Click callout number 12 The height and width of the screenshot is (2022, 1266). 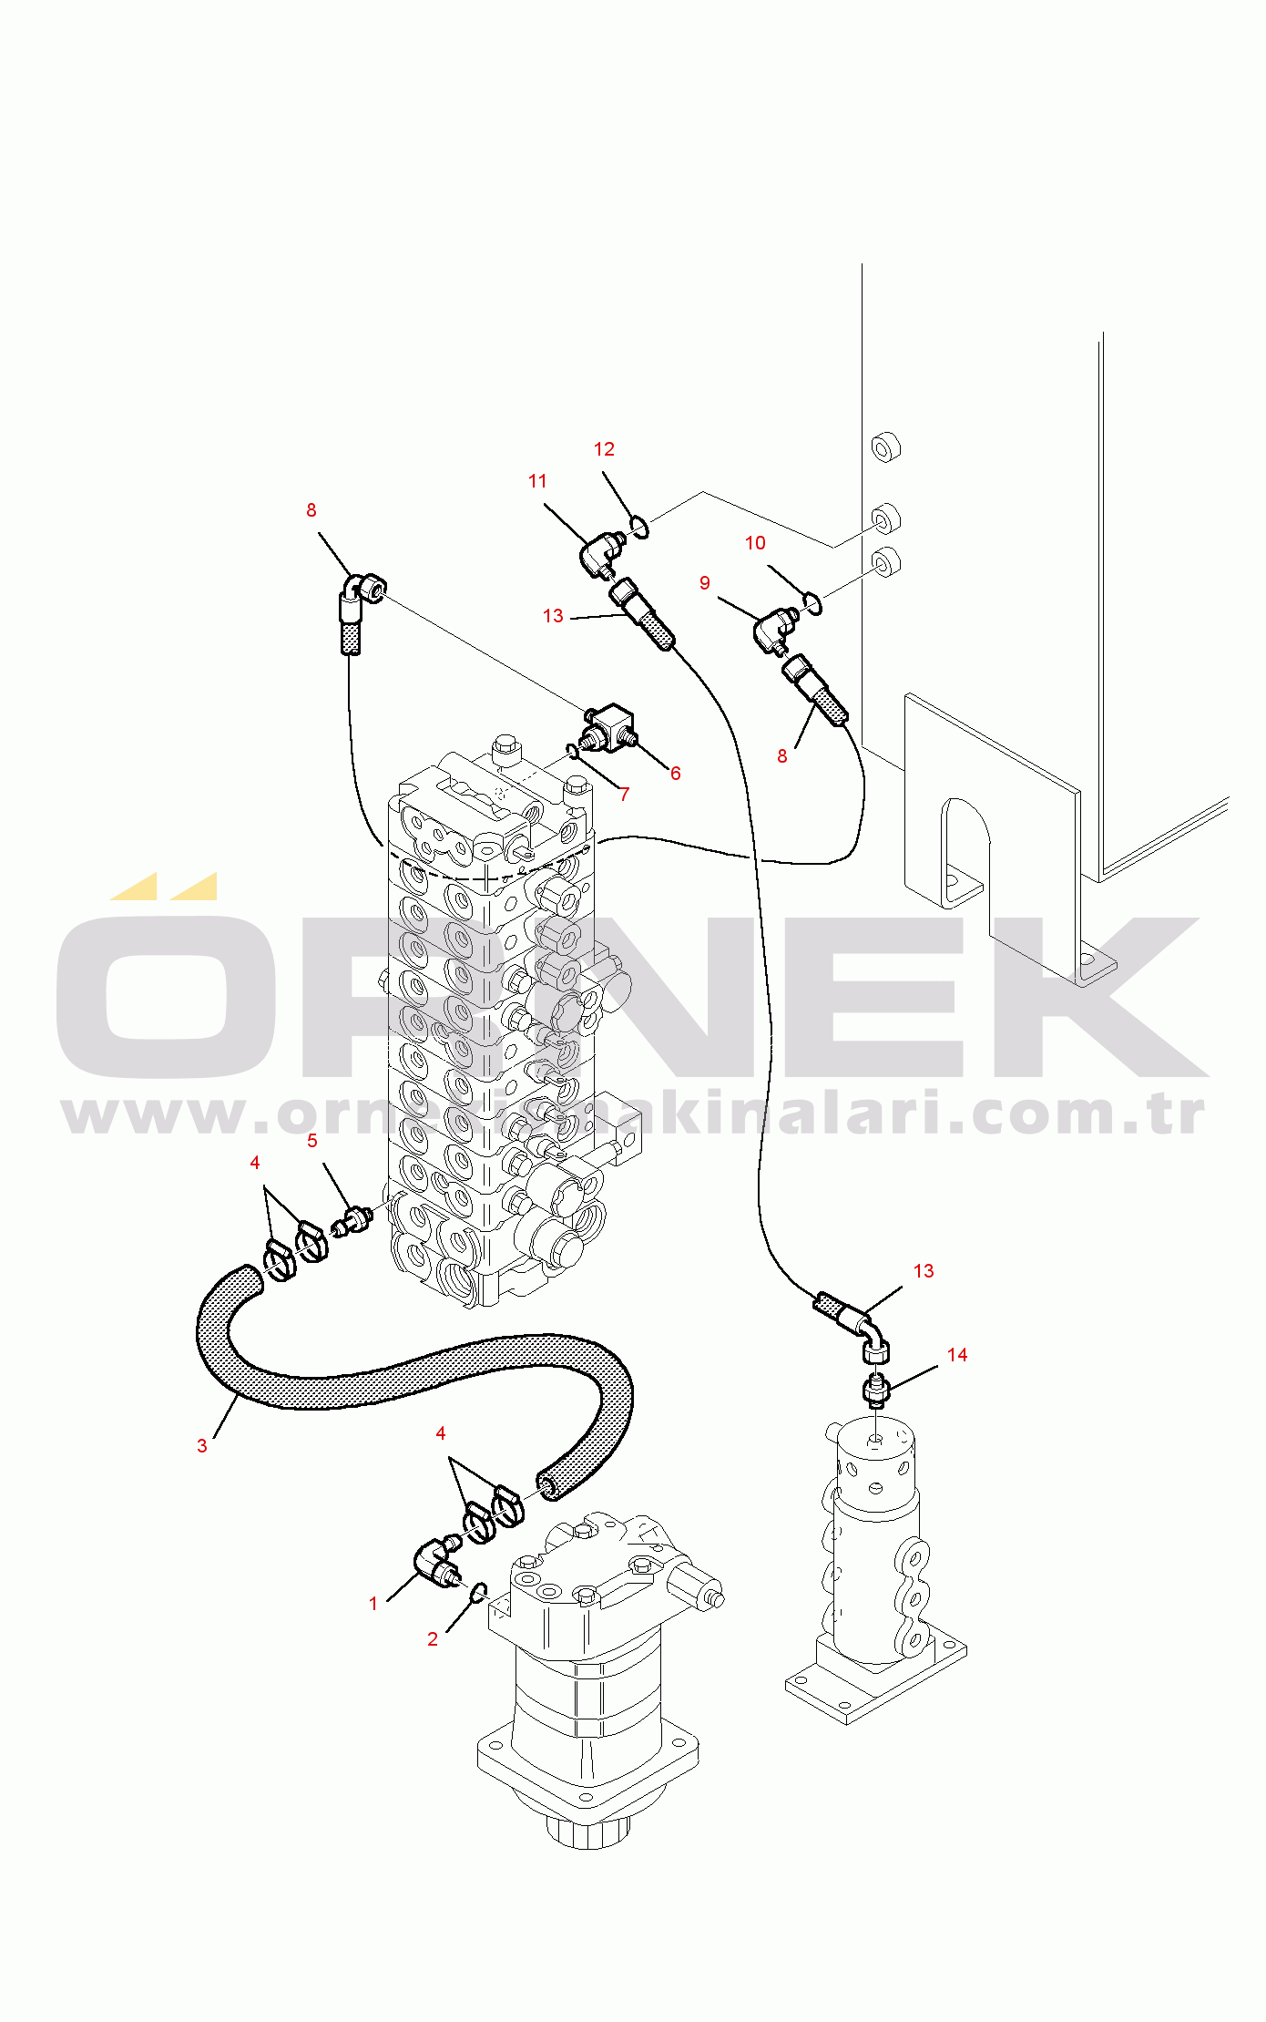tap(604, 449)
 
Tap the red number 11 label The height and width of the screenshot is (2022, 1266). tap(537, 481)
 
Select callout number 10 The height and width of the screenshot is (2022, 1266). tap(755, 543)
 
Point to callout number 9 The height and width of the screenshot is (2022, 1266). tap(705, 583)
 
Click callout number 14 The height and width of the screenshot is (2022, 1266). tap(956, 1355)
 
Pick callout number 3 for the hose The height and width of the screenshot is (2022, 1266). tap(202, 1446)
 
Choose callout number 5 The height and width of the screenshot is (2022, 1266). tap(312, 1141)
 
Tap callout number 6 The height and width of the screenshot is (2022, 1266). tap(675, 774)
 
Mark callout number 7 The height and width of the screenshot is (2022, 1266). tap(624, 795)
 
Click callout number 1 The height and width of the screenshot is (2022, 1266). tap(373, 1604)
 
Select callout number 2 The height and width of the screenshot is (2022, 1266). tap(433, 1639)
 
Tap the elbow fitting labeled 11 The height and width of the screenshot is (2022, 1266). tap(599, 551)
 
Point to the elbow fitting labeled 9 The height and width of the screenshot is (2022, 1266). tap(773, 628)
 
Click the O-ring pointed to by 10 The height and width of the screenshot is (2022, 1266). tap(813, 602)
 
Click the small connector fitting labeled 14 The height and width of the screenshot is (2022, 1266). tap(875, 1391)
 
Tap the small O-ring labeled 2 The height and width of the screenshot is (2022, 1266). tap(478, 1591)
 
